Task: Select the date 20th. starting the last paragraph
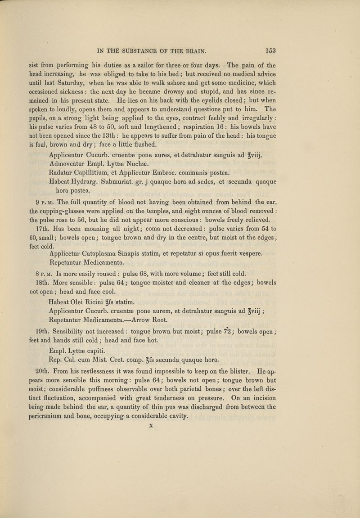coord(50,385)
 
